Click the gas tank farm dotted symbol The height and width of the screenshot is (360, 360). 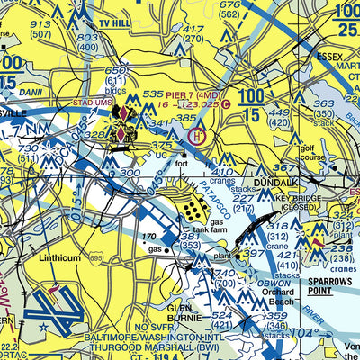click(x=193, y=210)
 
